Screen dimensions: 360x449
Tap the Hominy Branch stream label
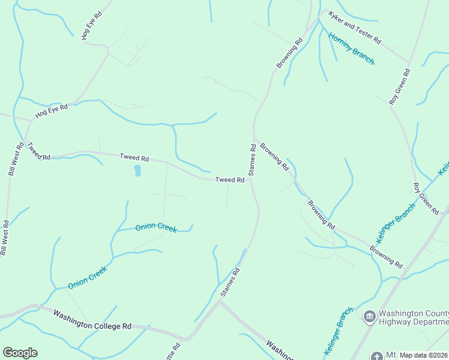[351, 49]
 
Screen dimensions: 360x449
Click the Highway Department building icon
[369, 315]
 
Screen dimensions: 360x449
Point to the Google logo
[20, 353]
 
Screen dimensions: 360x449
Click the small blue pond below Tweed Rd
[137, 171]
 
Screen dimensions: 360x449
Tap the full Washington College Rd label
[92, 320]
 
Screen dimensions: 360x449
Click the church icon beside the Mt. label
[376, 356]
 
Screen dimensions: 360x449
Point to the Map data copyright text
[423, 355]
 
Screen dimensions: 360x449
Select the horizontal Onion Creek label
[156, 226]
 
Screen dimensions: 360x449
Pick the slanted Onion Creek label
[87, 278]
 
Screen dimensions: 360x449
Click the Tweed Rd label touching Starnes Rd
[230, 179]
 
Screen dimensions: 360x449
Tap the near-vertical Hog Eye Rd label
[92, 25]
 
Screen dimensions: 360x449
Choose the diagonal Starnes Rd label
[231, 281]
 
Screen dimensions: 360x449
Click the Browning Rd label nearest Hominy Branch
[290, 53]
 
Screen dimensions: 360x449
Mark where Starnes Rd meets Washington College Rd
[219, 302]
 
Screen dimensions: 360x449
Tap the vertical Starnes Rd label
[253, 159]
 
